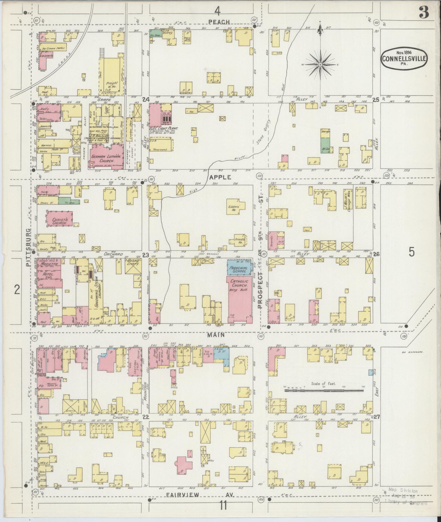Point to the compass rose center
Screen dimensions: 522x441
pos(320,64)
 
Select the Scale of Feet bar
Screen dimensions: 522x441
pos(324,390)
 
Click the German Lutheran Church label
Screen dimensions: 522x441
pos(103,159)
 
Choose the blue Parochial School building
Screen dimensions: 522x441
pos(239,267)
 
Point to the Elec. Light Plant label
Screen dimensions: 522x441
pos(164,128)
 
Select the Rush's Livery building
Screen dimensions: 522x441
pos(133,266)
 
